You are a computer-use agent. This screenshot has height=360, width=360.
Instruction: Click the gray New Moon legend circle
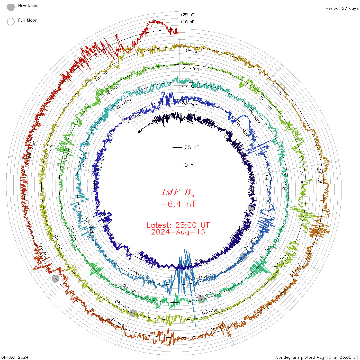(11, 7)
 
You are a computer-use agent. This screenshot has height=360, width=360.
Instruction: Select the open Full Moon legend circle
(11, 22)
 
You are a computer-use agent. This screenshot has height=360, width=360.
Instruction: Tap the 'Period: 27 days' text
(342, 8)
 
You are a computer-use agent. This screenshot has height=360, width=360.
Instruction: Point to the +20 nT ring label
(187, 15)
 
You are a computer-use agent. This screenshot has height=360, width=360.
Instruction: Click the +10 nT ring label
(187, 22)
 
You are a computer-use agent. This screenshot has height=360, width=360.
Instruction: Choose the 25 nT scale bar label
(192, 148)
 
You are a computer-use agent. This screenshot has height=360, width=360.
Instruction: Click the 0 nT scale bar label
(190, 165)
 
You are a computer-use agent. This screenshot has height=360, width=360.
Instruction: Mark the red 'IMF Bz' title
(178, 192)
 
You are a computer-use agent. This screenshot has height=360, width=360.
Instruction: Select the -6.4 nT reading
(178, 204)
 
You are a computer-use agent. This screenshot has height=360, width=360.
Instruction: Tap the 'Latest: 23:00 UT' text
(178, 225)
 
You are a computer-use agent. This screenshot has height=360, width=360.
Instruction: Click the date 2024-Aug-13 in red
(178, 232)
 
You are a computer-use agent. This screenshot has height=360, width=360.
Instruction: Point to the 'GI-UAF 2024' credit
(15, 357)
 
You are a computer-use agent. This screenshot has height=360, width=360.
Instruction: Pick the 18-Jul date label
(191, 51)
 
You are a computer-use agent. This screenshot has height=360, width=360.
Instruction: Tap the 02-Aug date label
(116, 321)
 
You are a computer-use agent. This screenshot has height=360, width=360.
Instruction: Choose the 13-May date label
(135, 272)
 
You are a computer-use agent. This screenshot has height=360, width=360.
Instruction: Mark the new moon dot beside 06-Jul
(133, 313)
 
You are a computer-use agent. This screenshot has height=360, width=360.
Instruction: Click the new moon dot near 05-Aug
(55, 279)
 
